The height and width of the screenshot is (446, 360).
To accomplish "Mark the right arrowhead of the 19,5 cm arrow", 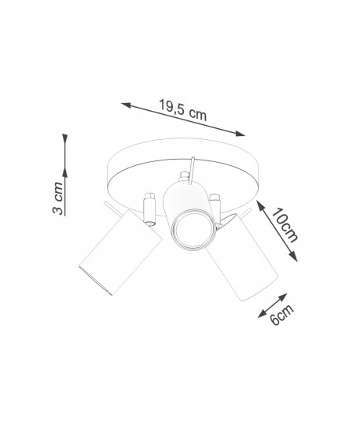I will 244,135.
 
